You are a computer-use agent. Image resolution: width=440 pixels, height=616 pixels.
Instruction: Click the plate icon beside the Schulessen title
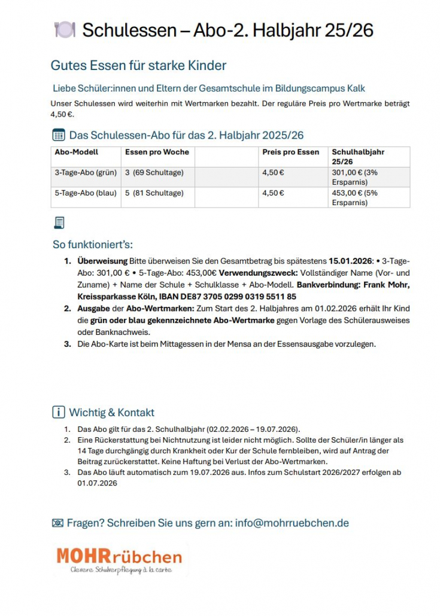(x=65, y=30)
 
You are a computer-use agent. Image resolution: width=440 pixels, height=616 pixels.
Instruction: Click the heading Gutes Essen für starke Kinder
(x=138, y=65)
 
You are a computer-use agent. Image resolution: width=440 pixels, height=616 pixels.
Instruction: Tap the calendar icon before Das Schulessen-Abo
(x=59, y=135)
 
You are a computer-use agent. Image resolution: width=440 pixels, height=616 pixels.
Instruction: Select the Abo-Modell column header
(x=76, y=152)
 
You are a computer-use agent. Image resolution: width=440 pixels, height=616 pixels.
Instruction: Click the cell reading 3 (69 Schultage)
(x=154, y=173)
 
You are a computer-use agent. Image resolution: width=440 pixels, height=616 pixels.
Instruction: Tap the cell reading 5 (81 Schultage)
(x=154, y=193)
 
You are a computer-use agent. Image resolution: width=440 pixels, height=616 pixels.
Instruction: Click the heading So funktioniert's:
(x=93, y=245)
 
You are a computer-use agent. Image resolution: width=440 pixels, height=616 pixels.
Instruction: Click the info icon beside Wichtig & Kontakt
(x=59, y=412)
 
